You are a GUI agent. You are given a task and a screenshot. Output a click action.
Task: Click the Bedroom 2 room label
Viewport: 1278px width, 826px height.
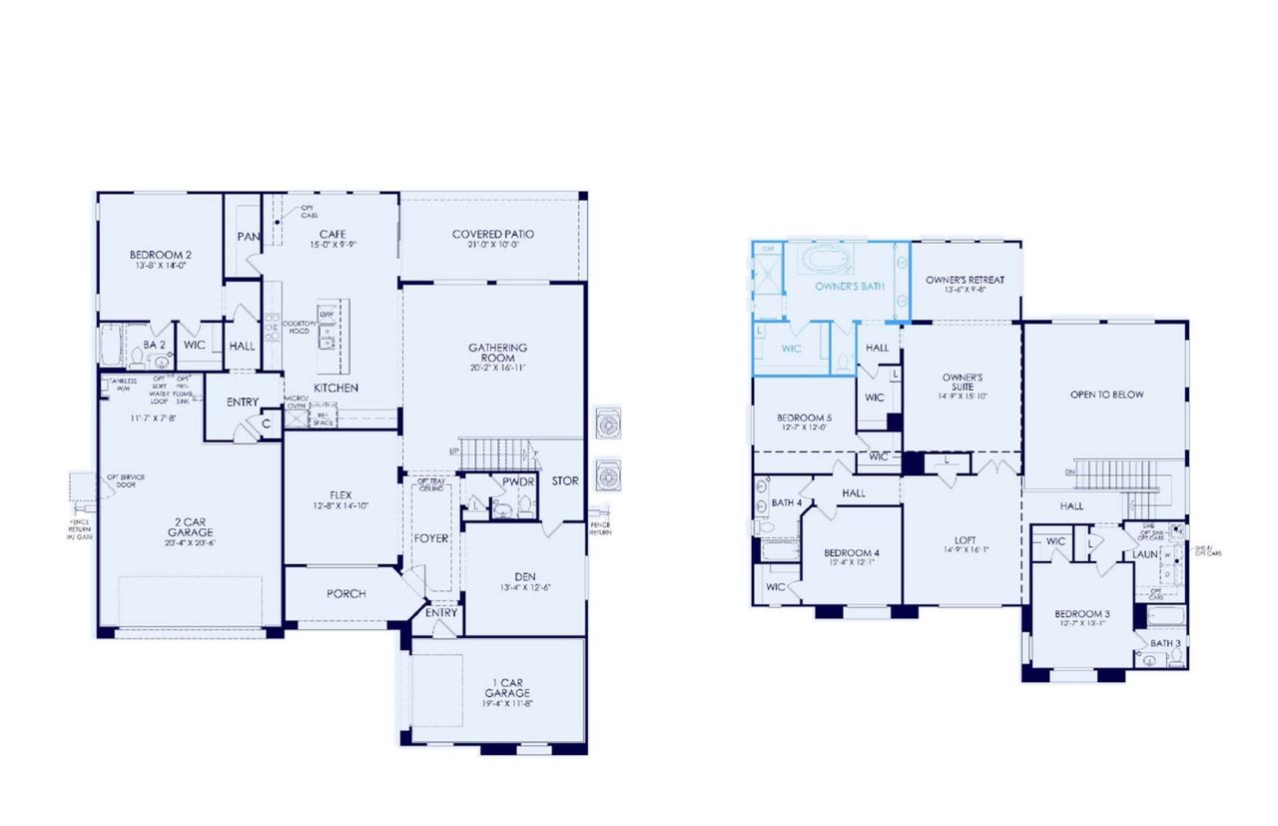(x=160, y=255)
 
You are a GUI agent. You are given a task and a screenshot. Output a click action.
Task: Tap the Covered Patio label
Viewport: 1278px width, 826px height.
(x=492, y=234)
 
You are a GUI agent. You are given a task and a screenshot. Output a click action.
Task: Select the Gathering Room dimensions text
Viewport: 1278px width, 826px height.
(x=497, y=368)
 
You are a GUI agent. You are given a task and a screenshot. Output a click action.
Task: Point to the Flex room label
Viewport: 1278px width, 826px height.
(x=339, y=494)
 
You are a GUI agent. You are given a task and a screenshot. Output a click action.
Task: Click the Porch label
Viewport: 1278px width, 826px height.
(x=346, y=593)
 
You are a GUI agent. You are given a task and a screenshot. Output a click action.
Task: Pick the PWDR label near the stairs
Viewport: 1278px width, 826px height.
(x=519, y=480)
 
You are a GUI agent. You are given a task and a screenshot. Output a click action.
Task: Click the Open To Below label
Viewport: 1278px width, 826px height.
(x=1106, y=395)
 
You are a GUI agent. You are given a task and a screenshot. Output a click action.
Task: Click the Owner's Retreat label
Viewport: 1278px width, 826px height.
(x=964, y=280)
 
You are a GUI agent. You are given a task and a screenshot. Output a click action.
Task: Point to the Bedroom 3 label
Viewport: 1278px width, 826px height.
(x=1082, y=613)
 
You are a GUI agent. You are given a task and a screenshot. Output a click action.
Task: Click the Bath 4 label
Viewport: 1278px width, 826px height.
(x=787, y=502)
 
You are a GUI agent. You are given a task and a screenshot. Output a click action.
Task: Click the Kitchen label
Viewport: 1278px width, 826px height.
(x=336, y=388)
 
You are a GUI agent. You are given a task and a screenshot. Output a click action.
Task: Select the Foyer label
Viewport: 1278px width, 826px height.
(x=432, y=538)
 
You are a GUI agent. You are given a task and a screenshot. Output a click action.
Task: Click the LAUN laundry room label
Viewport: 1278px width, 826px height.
(x=1144, y=553)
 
